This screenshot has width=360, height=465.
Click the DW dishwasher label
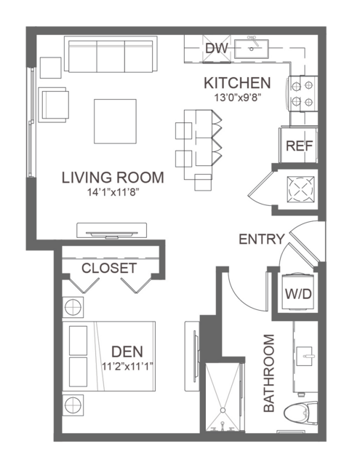tap(217, 48)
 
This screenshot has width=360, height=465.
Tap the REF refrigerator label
tap(299, 146)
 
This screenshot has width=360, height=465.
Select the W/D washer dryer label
tap(298, 294)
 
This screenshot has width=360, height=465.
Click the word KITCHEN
tap(237, 83)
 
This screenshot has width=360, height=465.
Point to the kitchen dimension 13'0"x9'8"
tap(237, 98)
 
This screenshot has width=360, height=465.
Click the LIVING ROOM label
tap(113, 178)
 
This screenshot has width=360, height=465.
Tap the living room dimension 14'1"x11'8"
tap(113, 192)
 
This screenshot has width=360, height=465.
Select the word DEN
tap(127, 351)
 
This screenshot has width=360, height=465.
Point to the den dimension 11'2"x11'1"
tap(127, 367)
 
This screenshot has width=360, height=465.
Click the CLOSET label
tap(109, 268)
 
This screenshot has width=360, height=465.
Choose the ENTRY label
tap(262, 239)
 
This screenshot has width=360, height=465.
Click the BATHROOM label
tap(269, 373)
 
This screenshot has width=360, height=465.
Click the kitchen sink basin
tap(252, 49)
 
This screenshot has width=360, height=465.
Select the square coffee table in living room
tap(115, 122)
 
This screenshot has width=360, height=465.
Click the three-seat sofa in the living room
tap(111, 54)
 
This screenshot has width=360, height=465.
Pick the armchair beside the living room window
tap(53, 105)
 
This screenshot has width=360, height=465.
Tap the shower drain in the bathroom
tap(223, 410)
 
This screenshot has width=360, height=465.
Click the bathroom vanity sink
tap(304, 357)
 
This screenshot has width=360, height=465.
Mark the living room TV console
tap(112, 231)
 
